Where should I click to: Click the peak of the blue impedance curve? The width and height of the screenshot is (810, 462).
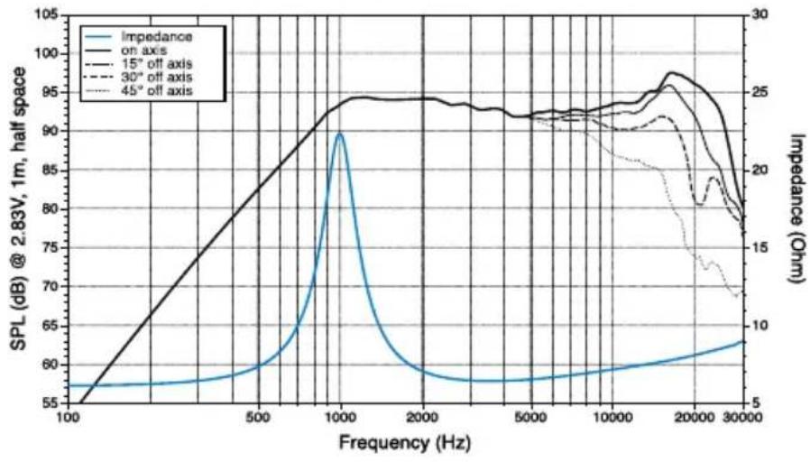339,134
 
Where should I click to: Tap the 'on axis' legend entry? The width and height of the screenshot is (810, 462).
160,51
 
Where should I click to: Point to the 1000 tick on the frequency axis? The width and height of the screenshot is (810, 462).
339,418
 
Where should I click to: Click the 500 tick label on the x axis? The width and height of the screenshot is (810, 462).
258,418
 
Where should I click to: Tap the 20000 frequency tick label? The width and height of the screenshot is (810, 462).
695,418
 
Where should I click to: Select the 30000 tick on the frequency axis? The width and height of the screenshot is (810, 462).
743,418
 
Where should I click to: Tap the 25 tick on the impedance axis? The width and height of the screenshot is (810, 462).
759,94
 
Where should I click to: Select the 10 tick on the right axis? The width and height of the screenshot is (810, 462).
759,326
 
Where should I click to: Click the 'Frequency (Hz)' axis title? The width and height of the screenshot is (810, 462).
403,443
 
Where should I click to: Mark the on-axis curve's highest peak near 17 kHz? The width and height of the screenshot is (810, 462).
670,73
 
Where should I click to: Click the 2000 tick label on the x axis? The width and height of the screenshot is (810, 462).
421,418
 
